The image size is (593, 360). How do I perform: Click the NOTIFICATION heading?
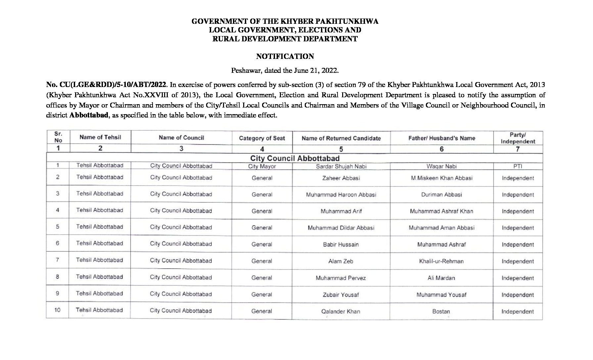point(285,57)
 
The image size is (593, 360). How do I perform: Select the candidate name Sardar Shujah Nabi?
point(341,166)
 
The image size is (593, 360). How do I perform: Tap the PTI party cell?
point(518,166)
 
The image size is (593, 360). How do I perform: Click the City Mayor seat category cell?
point(262,166)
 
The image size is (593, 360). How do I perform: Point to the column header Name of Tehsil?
point(100,137)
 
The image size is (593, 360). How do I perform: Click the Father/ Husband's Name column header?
point(441,138)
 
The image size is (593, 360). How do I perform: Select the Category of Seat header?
point(262,138)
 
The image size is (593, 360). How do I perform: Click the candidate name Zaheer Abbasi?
point(341,178)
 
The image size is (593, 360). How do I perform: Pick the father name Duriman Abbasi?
point(441,195)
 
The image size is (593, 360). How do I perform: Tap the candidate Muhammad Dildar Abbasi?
point(341,228)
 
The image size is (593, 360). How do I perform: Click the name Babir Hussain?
point(341,245)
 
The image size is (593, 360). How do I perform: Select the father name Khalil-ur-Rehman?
point(441,261)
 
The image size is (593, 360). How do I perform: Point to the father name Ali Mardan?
point(441,278)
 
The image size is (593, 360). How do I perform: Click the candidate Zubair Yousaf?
point(341,295)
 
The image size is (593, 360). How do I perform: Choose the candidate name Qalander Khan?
point(341,311)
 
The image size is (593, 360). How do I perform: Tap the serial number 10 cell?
point(58,310)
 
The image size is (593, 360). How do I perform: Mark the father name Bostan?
point(441,311)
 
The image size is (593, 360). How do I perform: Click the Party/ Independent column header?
point(518,138)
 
